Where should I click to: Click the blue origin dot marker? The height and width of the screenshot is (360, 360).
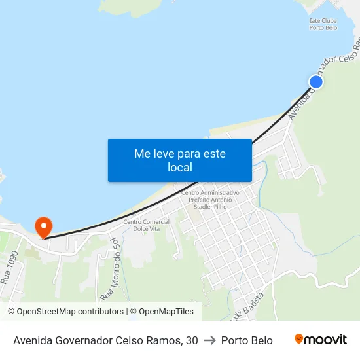[316, 81]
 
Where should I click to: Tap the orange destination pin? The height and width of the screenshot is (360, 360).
[44, 226]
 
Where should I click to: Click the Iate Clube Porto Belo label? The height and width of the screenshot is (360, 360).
[323, 24]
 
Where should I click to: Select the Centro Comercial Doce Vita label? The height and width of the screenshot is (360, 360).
[147, 225]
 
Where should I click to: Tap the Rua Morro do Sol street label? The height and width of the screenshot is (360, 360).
[109, 265]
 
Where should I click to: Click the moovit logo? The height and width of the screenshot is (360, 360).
[320, 340]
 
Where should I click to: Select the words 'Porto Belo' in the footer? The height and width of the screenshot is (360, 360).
[247, 340]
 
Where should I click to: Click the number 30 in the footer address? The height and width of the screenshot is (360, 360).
[191, 340]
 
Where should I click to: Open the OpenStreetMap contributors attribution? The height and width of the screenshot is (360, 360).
[66, 312]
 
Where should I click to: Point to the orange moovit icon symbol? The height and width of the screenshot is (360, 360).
[299, 339]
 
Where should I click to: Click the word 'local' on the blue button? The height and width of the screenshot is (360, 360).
[180, 168]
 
